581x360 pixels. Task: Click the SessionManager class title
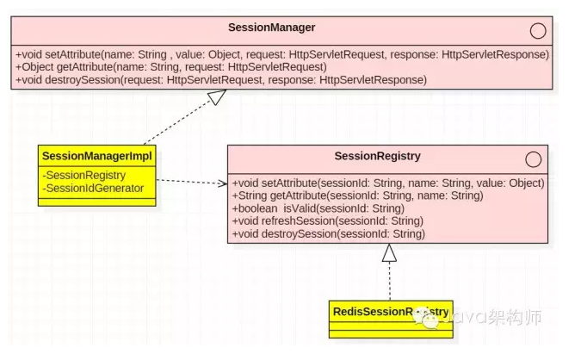(271, 28)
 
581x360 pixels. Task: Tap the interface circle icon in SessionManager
(538, 31)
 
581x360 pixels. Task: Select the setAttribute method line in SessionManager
(281, 54)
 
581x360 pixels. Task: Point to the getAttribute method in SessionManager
(170, 67)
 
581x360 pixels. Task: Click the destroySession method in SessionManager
(220, 80)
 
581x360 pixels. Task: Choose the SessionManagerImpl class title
(96, 156)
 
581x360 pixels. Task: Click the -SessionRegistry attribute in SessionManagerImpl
(85, 176)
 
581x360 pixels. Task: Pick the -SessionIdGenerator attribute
(95, 188)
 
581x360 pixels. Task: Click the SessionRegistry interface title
(377, 157)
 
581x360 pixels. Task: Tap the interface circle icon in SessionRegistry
(533, 159)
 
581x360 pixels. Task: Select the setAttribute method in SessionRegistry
(387, 183)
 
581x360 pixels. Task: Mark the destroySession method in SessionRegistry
(329, 234)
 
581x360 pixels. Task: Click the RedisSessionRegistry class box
(389, 316)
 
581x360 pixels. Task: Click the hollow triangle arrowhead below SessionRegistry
(389, 252)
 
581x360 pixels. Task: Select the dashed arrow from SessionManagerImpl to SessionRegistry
(191, 182)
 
